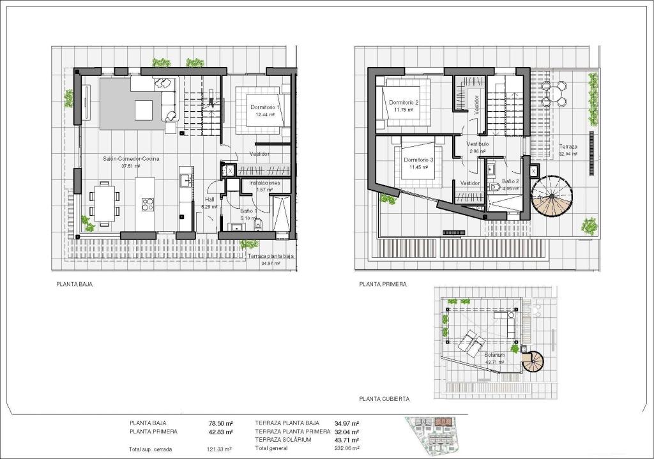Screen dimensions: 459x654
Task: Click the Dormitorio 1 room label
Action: click(265, 107)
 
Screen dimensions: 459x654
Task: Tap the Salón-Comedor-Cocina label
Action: click(131, 158)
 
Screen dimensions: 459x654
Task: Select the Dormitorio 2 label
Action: click(403, 102)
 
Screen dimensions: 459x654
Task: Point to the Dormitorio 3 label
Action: click(418, 160)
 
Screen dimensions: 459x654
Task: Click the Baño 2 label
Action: click(510, 181)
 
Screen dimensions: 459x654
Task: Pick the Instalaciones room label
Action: click(264, 183)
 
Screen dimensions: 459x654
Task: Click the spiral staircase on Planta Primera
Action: click(552, 196)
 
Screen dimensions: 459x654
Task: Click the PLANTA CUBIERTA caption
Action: click(384, 398)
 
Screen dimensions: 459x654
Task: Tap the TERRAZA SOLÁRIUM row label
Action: click(283, 440)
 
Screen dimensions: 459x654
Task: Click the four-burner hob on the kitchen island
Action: click(148, 204)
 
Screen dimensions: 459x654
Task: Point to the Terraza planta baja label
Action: click(271, 256)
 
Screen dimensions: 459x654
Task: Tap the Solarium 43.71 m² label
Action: click(494, 358)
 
